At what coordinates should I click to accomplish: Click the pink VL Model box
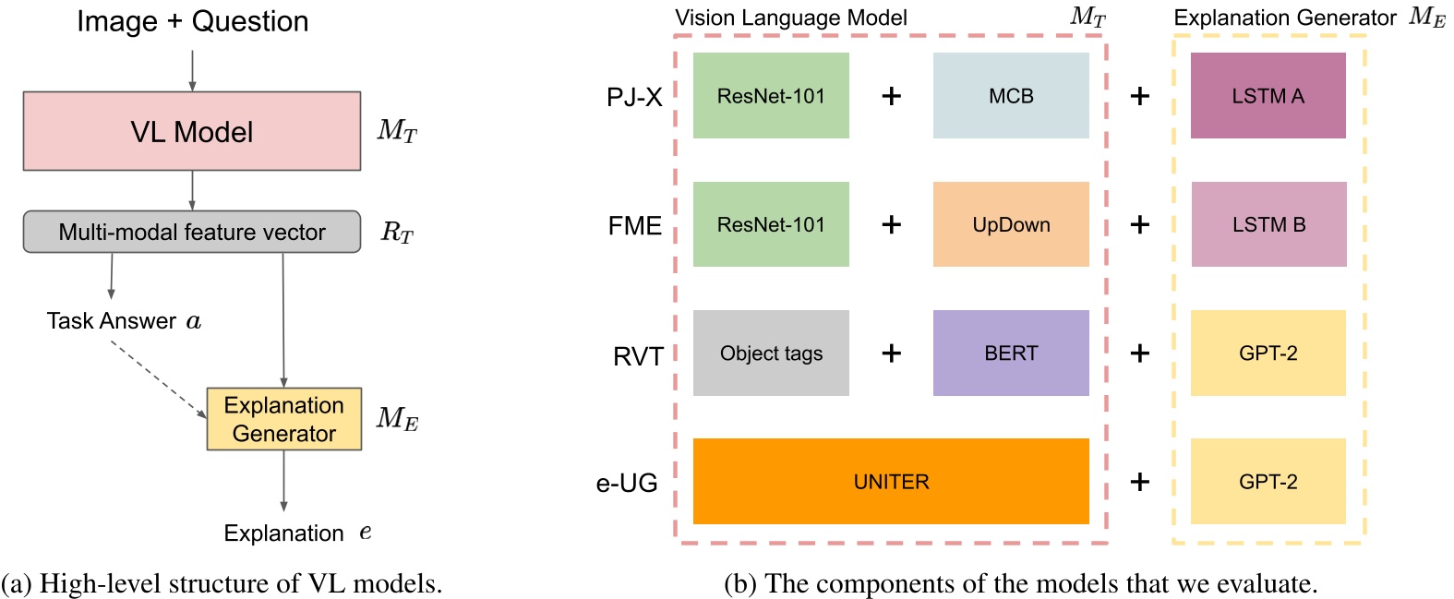(192, 131)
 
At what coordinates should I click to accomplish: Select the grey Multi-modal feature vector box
(192, 232)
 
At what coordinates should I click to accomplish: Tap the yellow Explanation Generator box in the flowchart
(283, 419)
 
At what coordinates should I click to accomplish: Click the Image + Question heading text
(192, 21)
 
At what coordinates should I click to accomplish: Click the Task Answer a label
(124, 321)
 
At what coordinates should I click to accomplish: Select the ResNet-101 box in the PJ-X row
(771, 96)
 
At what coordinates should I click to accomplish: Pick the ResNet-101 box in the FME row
(771, 224)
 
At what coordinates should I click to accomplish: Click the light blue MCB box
(1011, 96)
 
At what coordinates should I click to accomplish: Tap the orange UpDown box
(1011, 224)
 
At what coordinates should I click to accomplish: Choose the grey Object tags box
(771, 353)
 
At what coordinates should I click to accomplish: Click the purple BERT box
(1011, 353)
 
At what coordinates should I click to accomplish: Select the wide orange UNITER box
(891, 482)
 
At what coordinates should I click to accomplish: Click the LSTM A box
(1268, 96)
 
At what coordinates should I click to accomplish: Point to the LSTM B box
(1268, 224)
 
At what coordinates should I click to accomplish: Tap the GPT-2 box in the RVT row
(1268, 353)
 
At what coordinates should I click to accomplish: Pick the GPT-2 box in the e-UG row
(1268, 482)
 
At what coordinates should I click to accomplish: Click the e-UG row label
(627, 483)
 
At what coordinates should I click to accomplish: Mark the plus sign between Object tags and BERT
(891, 353)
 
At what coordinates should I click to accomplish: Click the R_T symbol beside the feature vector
(397, 232)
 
